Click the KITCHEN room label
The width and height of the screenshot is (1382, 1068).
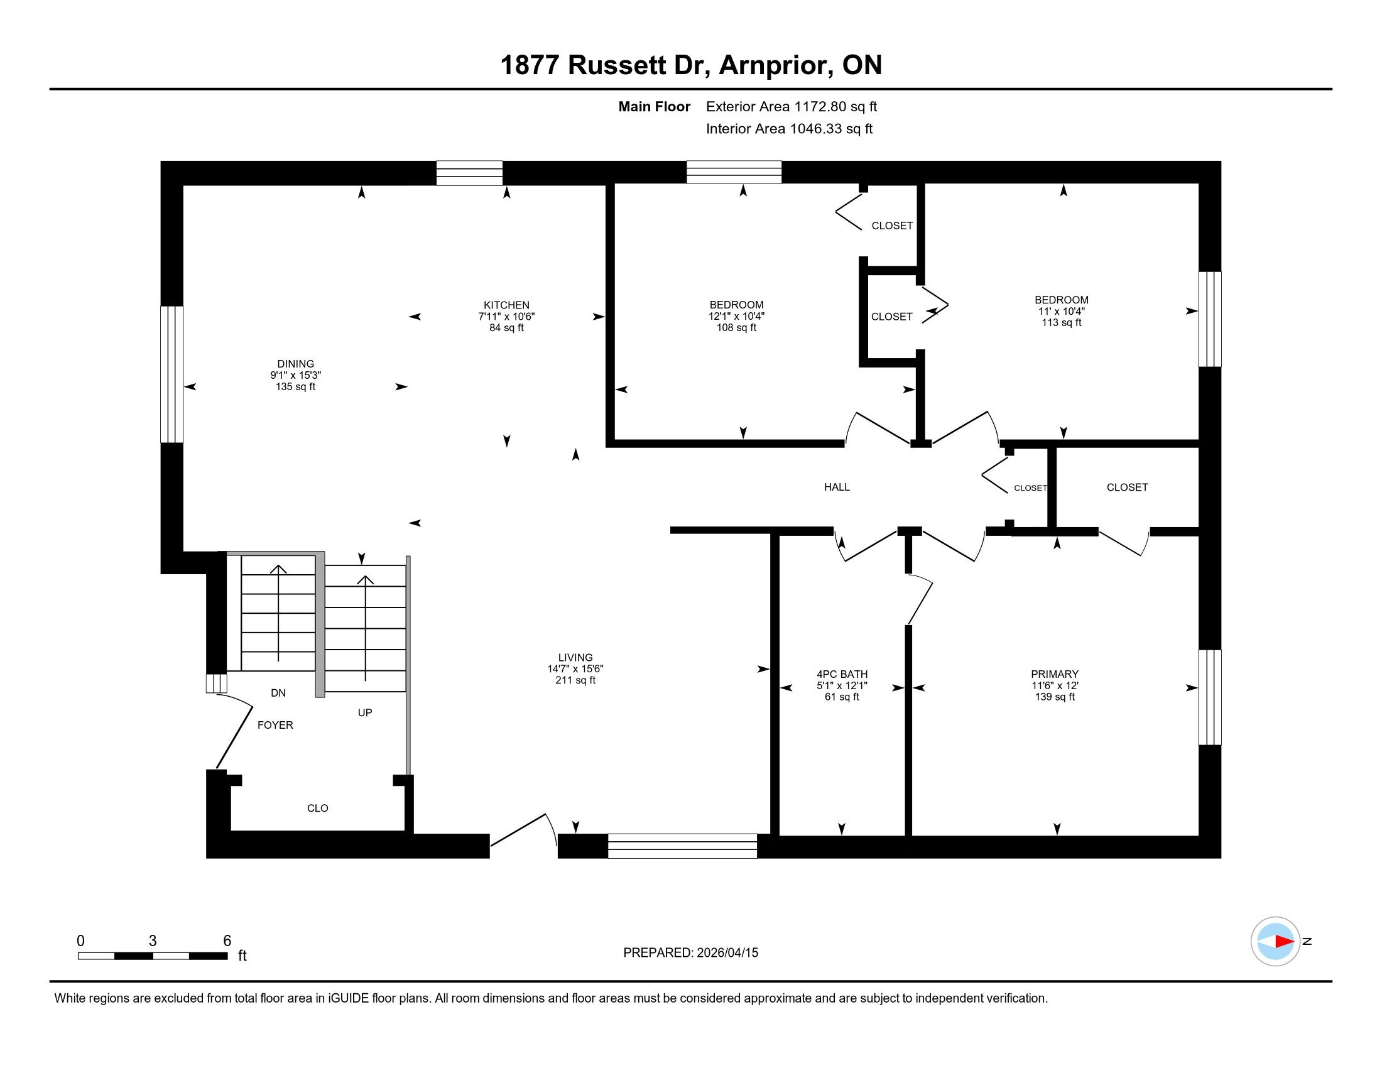506,305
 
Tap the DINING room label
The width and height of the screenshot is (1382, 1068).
295,364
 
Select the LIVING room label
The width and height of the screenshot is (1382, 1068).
575,657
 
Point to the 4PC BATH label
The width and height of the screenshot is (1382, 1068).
842,675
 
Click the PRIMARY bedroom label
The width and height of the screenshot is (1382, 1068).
1054,675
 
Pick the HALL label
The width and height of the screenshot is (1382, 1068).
837,487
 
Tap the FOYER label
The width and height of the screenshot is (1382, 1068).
275,725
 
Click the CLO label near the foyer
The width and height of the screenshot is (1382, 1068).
318,808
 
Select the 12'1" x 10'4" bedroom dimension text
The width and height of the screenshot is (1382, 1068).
737,317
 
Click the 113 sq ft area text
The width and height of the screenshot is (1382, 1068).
1061,323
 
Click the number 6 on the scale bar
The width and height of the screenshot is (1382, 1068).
227,941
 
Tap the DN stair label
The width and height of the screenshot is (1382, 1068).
278,693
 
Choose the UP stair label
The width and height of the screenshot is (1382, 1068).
365,712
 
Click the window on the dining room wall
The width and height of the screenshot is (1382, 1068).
171,374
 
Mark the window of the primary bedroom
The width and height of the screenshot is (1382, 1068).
1210,697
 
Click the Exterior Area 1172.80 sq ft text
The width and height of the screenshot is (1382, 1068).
792,107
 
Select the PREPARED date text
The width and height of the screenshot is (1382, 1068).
690,953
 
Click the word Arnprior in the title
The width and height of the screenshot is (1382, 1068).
775,65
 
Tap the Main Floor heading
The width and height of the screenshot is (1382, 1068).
655,107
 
